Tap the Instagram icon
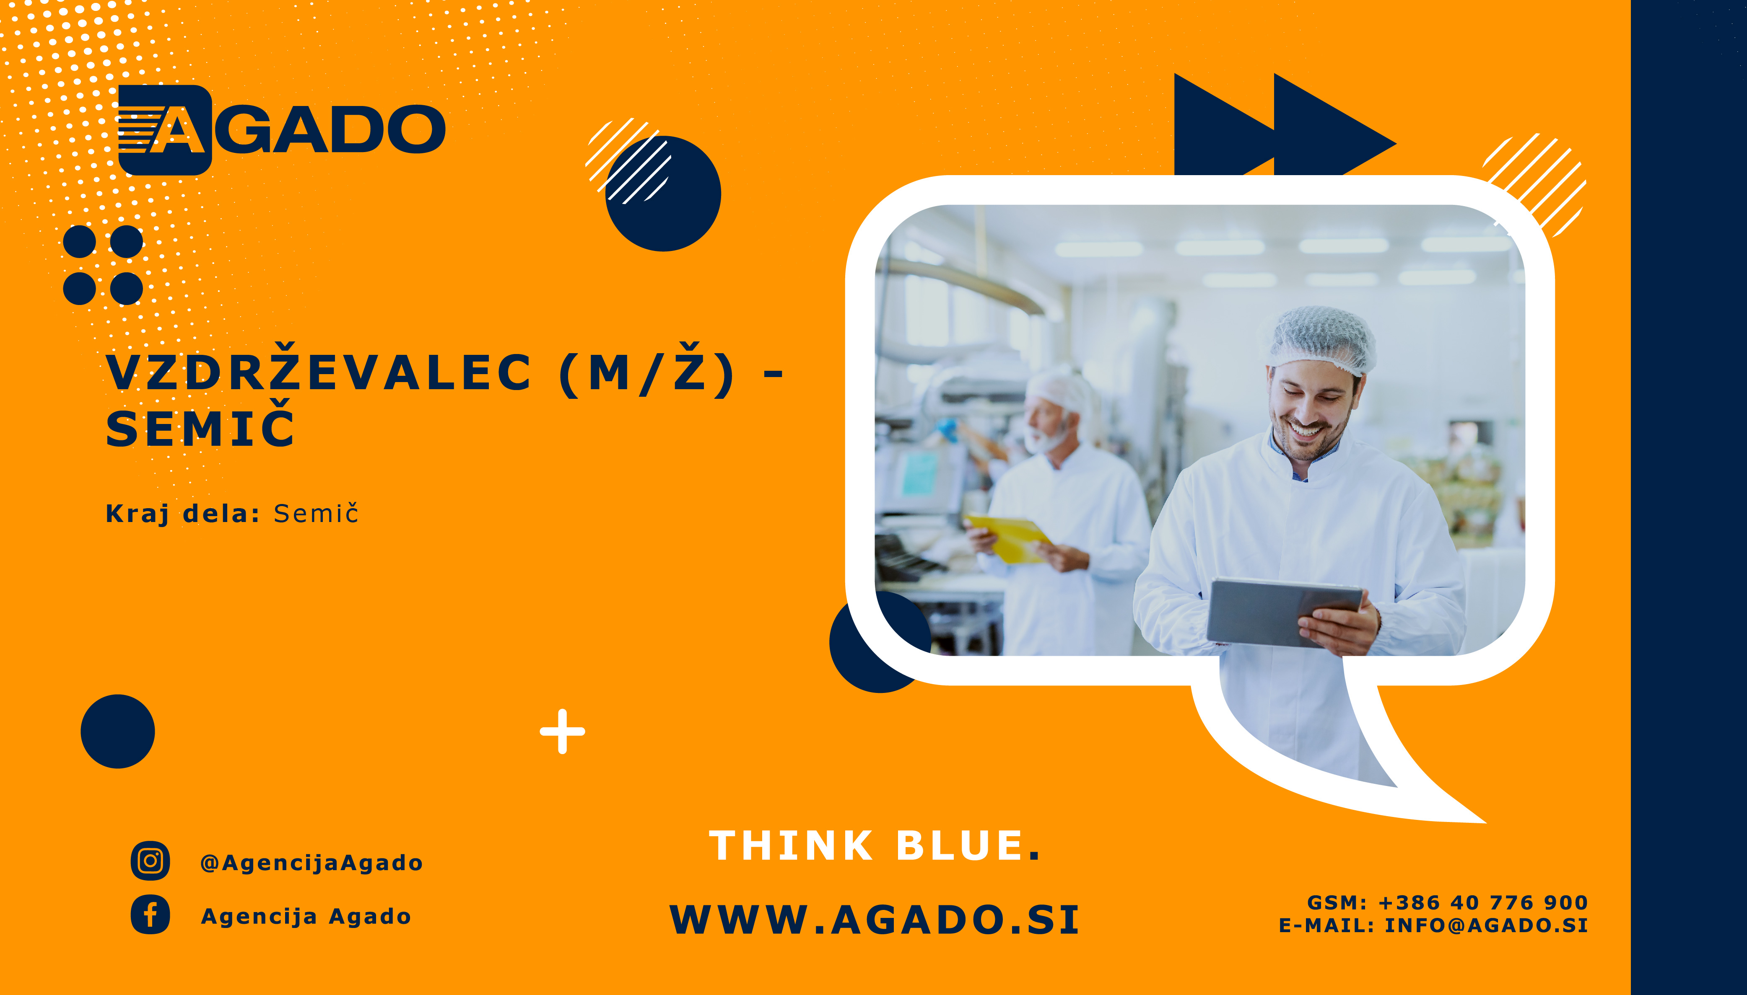pos(151,861)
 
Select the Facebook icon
pos(151,915)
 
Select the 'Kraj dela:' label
pos(182,513)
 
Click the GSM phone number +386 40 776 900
pos(1483,903)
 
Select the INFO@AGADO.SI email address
pos(1486,925)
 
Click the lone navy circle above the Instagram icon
pos(118,731)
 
